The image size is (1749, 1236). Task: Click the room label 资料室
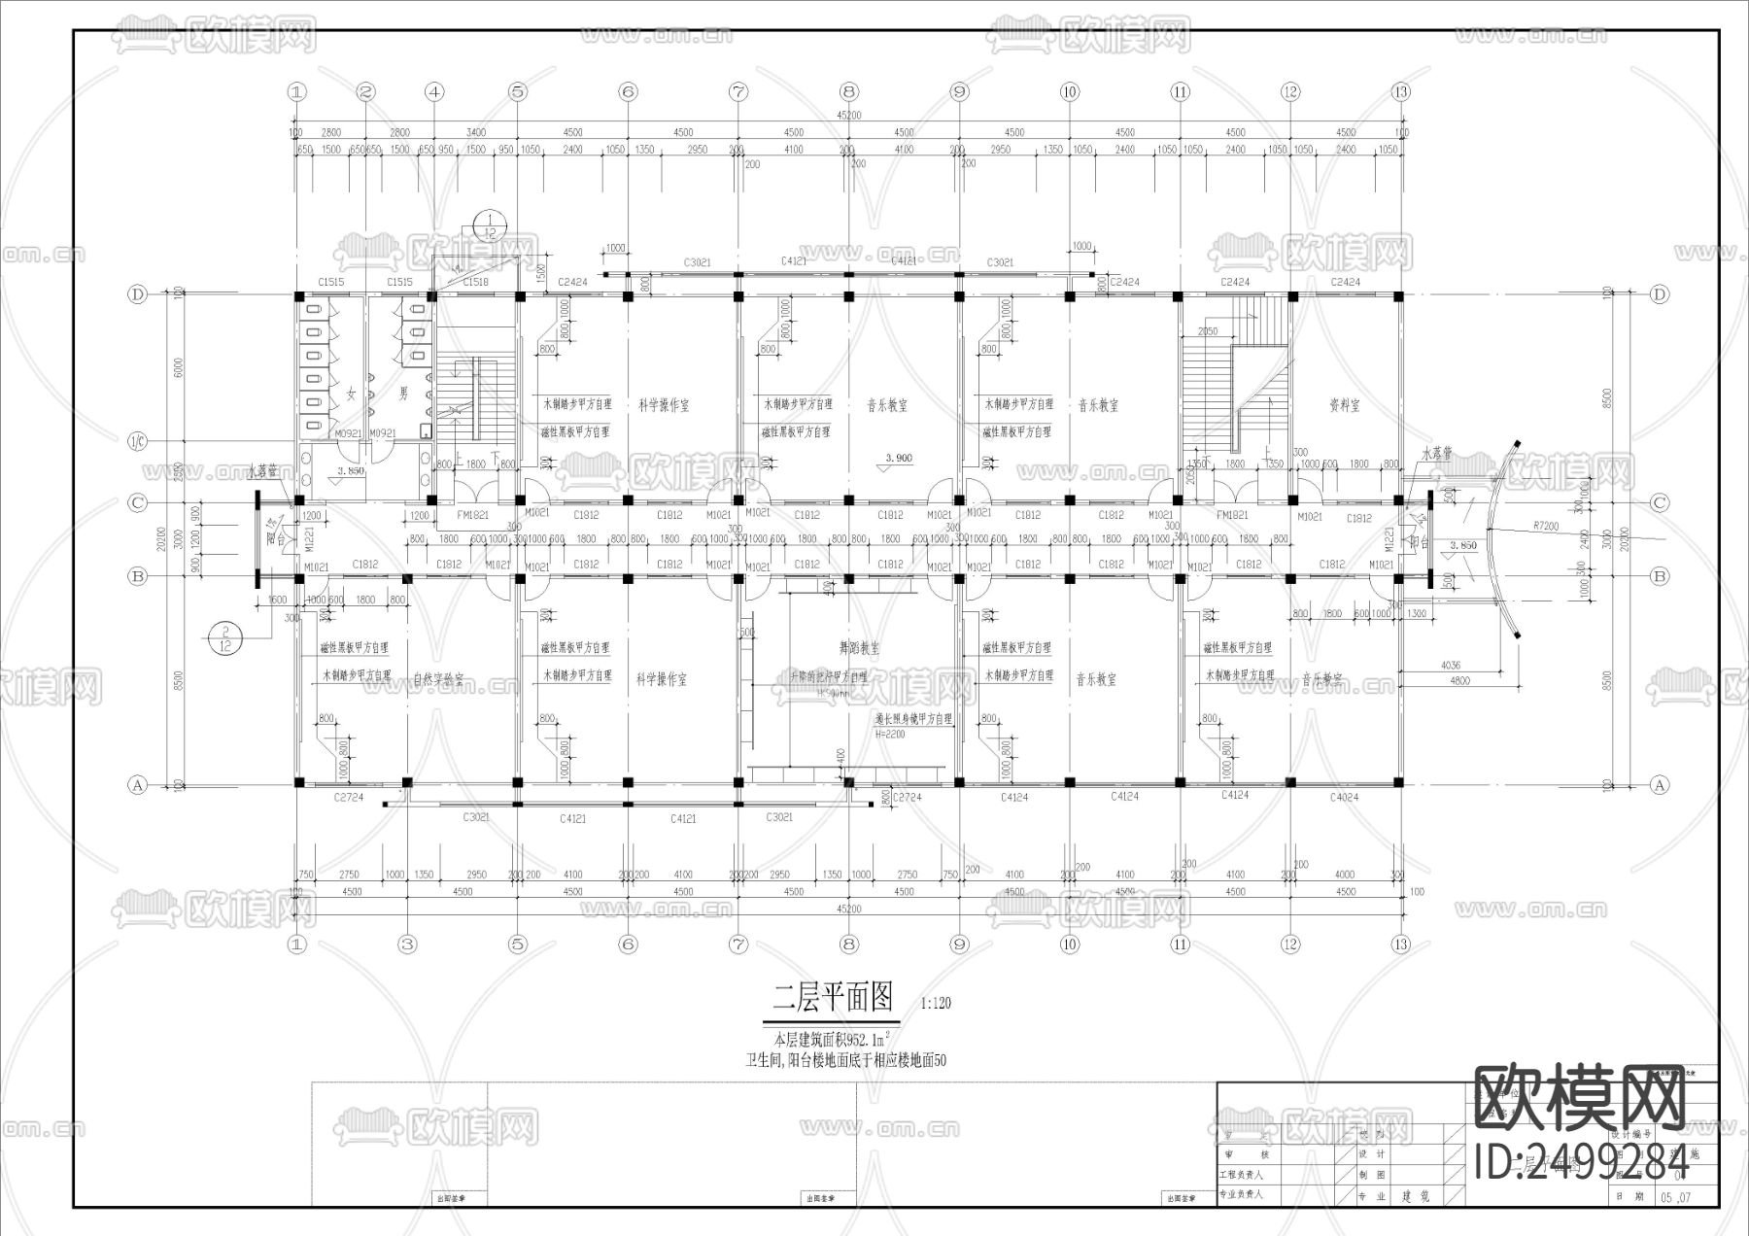1344,405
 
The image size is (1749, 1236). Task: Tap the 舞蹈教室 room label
860,648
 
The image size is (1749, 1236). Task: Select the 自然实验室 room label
438,680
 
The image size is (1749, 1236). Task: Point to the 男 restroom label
403,394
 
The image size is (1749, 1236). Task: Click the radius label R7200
1546,525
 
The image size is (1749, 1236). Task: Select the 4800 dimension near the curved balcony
1459,680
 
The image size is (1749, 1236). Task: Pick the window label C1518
475,282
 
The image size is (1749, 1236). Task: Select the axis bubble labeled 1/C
137,443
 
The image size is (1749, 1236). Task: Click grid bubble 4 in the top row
434,92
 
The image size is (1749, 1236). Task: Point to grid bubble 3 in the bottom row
407,944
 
